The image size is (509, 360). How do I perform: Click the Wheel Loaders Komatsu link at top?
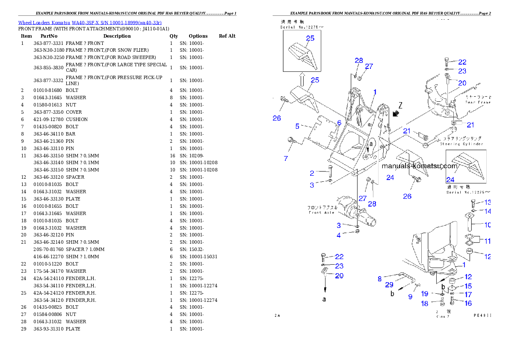click(x=90, y=22)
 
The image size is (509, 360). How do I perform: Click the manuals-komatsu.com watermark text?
click(x=419, y=166)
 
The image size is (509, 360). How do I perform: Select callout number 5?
click(x=297, y=126)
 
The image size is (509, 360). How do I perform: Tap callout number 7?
click(x=286, y=158)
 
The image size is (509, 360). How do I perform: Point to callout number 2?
click(x=312, y=173)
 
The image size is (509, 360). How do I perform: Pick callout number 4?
click(x=338, y=235)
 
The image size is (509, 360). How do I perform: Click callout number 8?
click(x=379, y=279)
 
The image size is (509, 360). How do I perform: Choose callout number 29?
click(x=389, y=285)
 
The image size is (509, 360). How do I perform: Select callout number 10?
click(x=487, y=224)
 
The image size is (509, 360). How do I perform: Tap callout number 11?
click(x=487, y=241)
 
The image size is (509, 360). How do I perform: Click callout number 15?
click(x=468, y=286)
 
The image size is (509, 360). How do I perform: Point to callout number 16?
click(x=468, y=303)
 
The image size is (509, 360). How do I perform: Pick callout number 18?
click(x=424, y=303)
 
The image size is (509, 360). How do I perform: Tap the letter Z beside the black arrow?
click(x=400, y=105)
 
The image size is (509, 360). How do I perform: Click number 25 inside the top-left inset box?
click(x=310, y=38)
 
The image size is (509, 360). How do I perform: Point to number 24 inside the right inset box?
click(x=450, y=180)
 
